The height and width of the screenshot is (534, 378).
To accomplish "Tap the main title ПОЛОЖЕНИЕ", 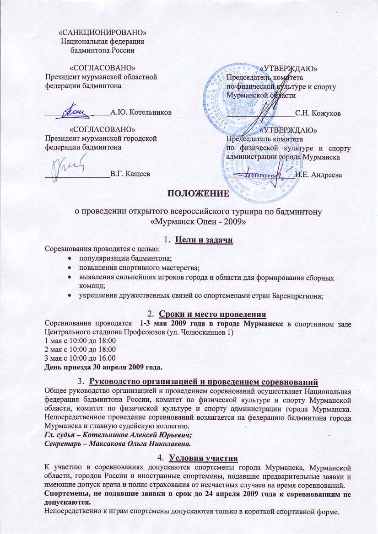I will click(197, 193).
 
